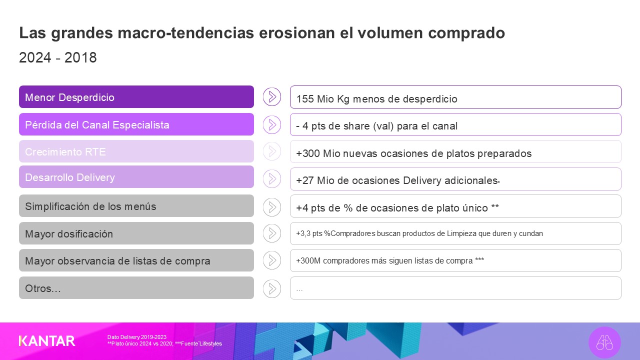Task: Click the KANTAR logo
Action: coord(47,341)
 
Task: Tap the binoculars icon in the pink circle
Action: coord(604,342)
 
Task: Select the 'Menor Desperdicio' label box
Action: coord(136,97)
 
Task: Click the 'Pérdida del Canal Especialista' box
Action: coord(136,124)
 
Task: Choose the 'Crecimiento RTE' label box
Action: coord(136,151)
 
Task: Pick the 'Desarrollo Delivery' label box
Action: coord(136,177)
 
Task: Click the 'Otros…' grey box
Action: coord(136,287)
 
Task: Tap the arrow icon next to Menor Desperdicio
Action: coord(272,97)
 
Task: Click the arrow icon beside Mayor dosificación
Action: coord(272,233)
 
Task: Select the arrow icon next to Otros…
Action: coord(272,288)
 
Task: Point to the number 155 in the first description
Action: coord(305,99)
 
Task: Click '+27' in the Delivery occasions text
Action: coord(305,180)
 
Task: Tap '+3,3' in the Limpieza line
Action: coord(303,233)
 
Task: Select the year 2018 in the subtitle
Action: coord(80,57)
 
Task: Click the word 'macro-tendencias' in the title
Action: coord(185,32)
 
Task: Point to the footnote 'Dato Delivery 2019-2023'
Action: coord(137,337)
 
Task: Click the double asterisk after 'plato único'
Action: coord(495,206)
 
